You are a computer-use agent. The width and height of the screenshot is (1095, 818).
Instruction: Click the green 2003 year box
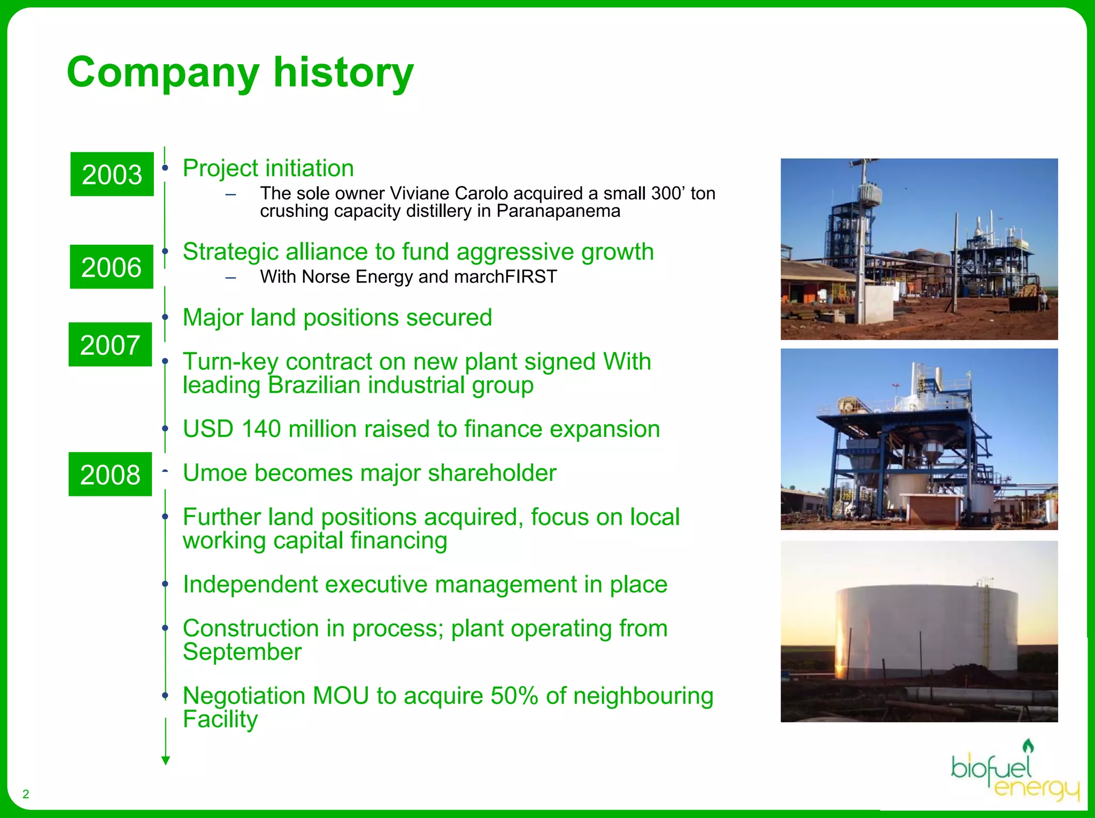tap(112, 174)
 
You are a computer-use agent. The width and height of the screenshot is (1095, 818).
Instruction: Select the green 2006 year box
tap(111, 267)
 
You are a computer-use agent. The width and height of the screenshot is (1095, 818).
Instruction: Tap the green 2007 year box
tap(110, 345)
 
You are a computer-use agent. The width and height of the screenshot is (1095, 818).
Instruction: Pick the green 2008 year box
tap(110, 474)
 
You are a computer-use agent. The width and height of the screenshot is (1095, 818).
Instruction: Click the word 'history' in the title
tap(343, 72)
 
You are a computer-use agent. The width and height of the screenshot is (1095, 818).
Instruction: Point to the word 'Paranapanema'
tap(558, 211)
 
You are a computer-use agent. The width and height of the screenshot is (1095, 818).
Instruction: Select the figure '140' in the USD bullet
tap(261, 429)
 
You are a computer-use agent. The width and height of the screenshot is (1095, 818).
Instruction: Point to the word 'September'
tap(242, 652)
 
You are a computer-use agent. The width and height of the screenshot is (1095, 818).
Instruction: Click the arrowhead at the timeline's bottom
tap(166, 760)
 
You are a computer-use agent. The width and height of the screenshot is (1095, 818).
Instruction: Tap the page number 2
tap(26, 794)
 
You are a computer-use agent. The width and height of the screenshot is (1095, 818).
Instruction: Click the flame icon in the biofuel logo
tap(1028, 746)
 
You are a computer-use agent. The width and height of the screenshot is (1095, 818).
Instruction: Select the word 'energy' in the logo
tap(1036, 788)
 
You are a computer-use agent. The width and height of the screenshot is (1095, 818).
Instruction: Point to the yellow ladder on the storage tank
tap(985, 620)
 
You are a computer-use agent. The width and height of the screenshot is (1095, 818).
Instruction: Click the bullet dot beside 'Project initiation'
tap(165, 168)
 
